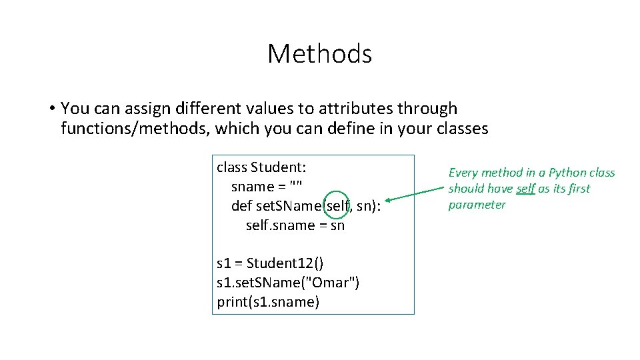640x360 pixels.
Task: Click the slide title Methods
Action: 319,54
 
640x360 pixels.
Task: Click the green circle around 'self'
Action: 338,206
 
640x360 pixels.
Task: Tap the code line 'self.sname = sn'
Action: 295,225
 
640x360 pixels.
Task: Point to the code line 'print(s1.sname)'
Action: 268,302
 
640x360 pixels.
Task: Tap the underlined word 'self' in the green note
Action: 525,189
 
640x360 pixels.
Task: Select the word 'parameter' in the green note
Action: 477,205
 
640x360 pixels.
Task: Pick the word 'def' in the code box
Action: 241,206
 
